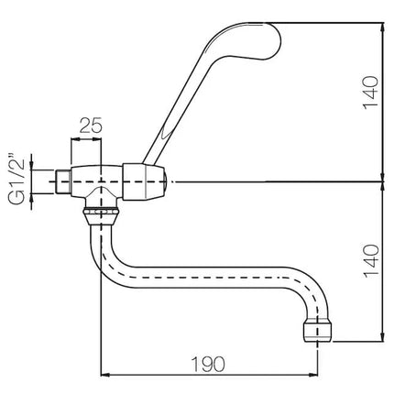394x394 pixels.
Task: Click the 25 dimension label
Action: point(91,126)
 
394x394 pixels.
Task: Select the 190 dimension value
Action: point(208,364)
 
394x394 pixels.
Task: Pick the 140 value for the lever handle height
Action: point(370,92)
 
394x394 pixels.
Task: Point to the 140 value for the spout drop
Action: point(370,260)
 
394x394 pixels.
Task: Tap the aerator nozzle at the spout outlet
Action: point(318,332)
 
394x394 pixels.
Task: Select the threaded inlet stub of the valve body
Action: point(63,181)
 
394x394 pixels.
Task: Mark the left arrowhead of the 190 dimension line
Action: point(104,374)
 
